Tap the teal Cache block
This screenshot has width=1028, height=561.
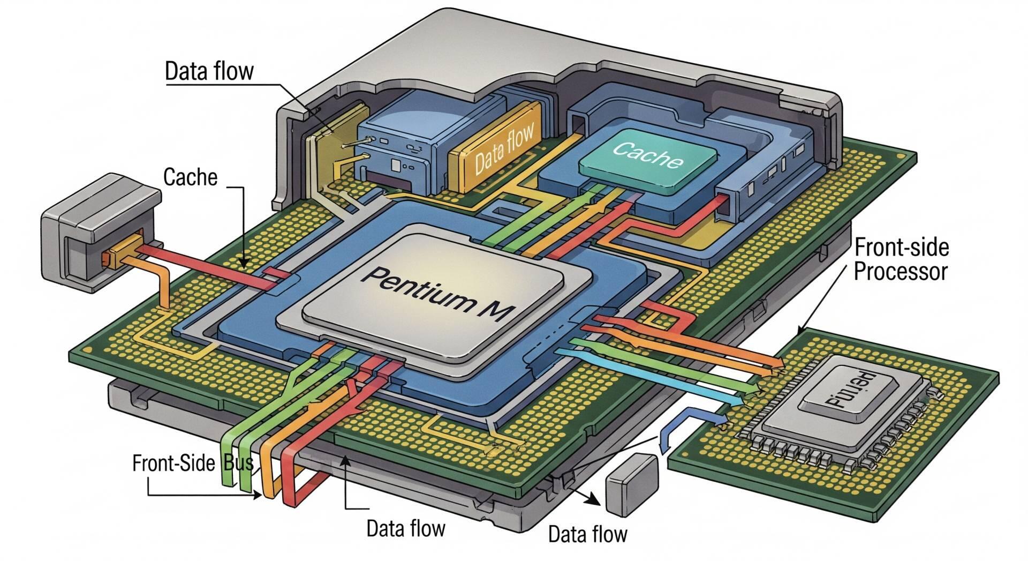648,156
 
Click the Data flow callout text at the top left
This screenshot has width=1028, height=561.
209,72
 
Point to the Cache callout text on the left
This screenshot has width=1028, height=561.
190,177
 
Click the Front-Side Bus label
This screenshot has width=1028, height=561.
193,462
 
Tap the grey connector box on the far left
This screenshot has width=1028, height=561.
99,230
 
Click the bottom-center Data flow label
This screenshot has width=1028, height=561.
405,528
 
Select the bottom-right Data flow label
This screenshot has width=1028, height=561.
587,534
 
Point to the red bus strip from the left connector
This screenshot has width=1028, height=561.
209,268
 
